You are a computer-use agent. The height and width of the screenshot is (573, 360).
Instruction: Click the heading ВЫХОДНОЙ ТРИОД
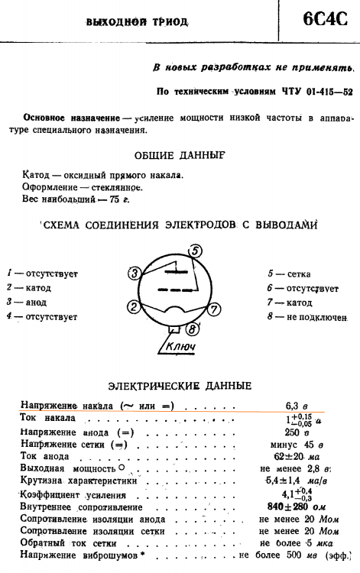click(x=138, y=21)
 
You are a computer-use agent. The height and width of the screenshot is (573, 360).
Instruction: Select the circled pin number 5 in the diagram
click(x=196, y=251)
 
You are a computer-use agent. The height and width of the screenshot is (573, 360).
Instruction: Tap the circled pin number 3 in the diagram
click(x=134, y=274)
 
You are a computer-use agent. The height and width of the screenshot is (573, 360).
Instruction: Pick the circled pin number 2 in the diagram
click(x=134, y=307)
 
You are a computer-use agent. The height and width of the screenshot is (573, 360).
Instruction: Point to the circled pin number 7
click(x=215, y=309)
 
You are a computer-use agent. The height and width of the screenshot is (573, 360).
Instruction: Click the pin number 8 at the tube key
click(x=191, y=329)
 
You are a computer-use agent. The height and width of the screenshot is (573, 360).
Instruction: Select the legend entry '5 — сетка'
click(x=289, y=274)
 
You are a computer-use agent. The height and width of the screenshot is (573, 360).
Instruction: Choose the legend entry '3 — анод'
click(x=28, y=302)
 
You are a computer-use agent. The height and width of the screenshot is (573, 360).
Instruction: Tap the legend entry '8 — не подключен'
click(x=307, y=316)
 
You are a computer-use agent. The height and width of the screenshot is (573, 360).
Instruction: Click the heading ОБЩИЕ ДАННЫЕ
click(x=180, y=155)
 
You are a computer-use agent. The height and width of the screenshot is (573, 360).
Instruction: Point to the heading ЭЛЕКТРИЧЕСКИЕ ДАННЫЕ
click(x=180, y=386)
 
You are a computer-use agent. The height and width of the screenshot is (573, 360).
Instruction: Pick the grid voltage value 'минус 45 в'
click(x=297, y=444)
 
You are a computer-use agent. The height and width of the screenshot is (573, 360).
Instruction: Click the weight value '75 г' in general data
click(x=118, y=199)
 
